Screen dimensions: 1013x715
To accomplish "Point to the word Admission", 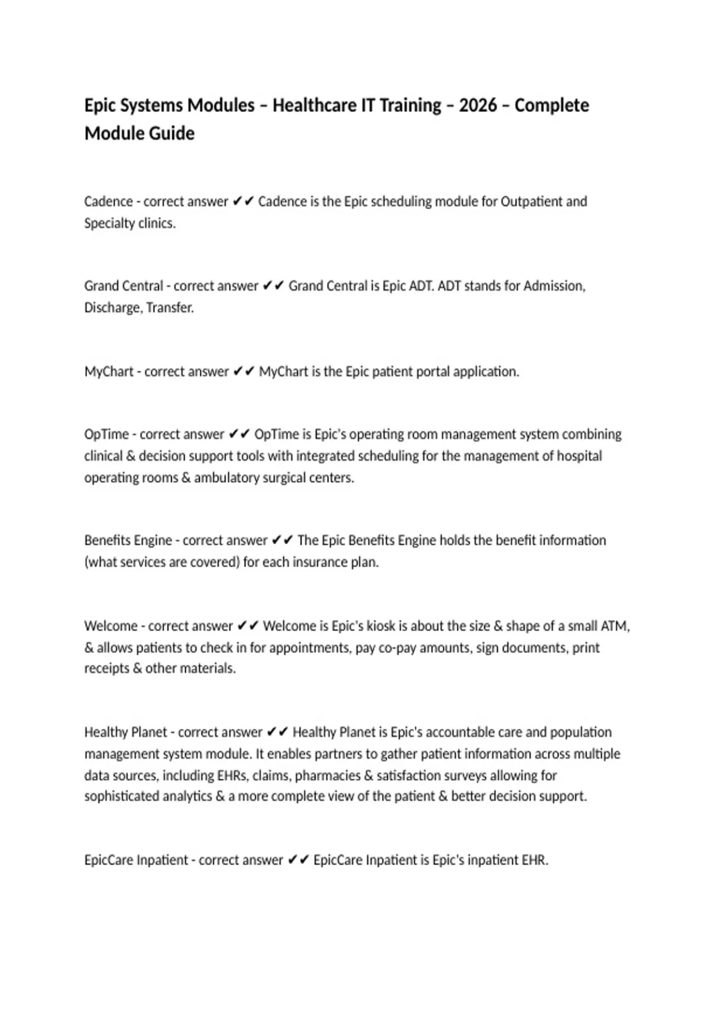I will (x=554, y=286).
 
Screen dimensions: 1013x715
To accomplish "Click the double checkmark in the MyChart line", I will (x=244, y=372).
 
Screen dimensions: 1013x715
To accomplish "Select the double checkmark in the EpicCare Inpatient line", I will (x=298, y=860).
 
